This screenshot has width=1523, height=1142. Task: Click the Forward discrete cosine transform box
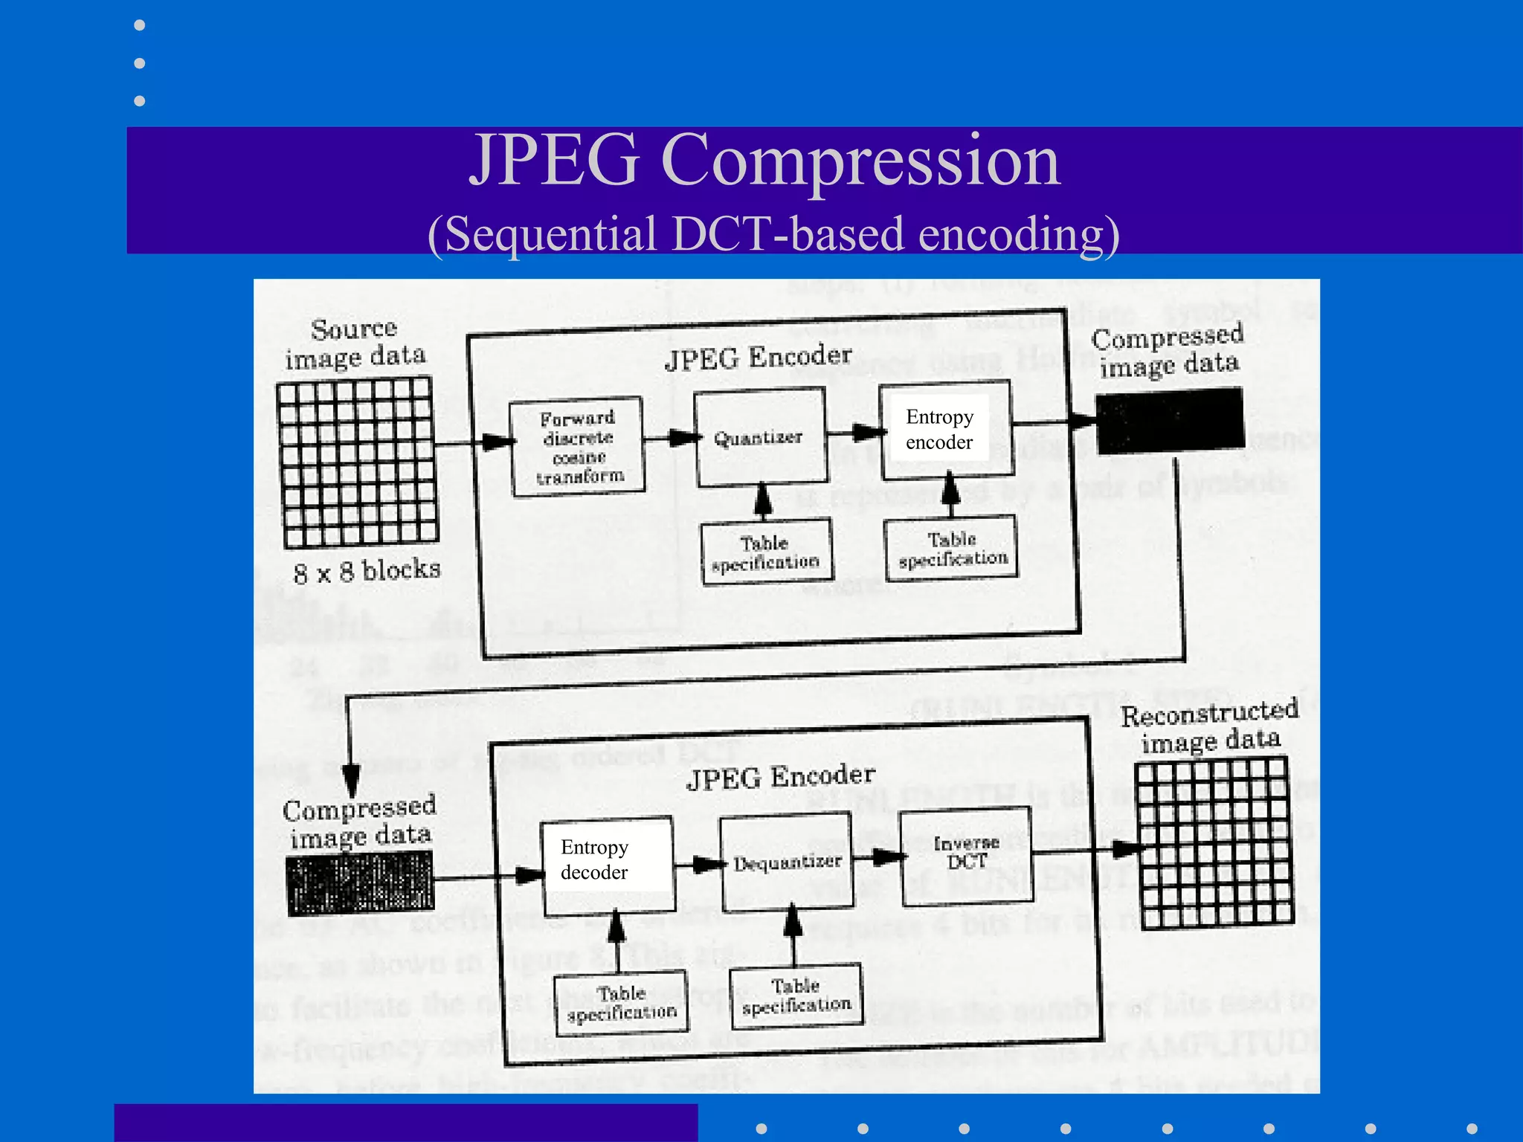point(578,446)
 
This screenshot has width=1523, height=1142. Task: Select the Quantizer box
point(760,438)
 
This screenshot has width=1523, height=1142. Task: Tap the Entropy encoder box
point(945,430)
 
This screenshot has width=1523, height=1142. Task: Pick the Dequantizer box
point(787,862)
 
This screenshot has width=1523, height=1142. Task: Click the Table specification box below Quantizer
point(767,552)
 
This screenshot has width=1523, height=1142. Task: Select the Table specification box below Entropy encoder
point(951,549)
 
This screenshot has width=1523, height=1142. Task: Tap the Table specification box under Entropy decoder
point(621,1003)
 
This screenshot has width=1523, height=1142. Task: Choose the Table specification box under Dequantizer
point(796,996)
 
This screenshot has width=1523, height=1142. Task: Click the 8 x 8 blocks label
point(367,571)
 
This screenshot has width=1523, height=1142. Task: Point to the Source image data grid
point(357,462)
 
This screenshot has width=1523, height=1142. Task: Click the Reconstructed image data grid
point(1214,842)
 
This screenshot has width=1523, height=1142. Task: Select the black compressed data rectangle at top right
point(1170,421)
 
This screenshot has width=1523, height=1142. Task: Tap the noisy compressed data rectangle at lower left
point(360,883)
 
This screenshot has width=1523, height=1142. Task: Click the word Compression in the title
point(860,161)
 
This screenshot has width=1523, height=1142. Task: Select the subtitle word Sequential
point(550,234)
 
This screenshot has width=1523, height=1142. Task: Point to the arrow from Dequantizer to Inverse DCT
point(878,857)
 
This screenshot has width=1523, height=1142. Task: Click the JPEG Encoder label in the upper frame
point(758,358)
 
